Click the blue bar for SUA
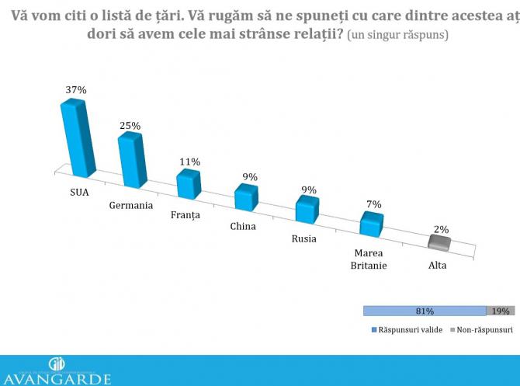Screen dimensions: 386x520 (78, 137)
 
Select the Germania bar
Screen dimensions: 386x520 (132, 160)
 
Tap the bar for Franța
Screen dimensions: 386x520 (189, 184)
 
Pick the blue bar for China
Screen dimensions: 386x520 (247, 197)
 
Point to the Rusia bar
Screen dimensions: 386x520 (307, 210)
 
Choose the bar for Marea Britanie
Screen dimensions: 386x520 (372, 224)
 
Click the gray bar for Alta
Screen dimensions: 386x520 (439, 244)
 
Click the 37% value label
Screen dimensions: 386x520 (75, 90)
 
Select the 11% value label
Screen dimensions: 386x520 (190, 162)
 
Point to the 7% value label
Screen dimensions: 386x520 (373, 203)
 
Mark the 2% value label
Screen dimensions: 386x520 (442, 229)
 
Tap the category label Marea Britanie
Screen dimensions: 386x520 (370, 259)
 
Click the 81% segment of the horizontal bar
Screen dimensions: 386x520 (424, 311)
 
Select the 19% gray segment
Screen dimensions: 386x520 (501, 311)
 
